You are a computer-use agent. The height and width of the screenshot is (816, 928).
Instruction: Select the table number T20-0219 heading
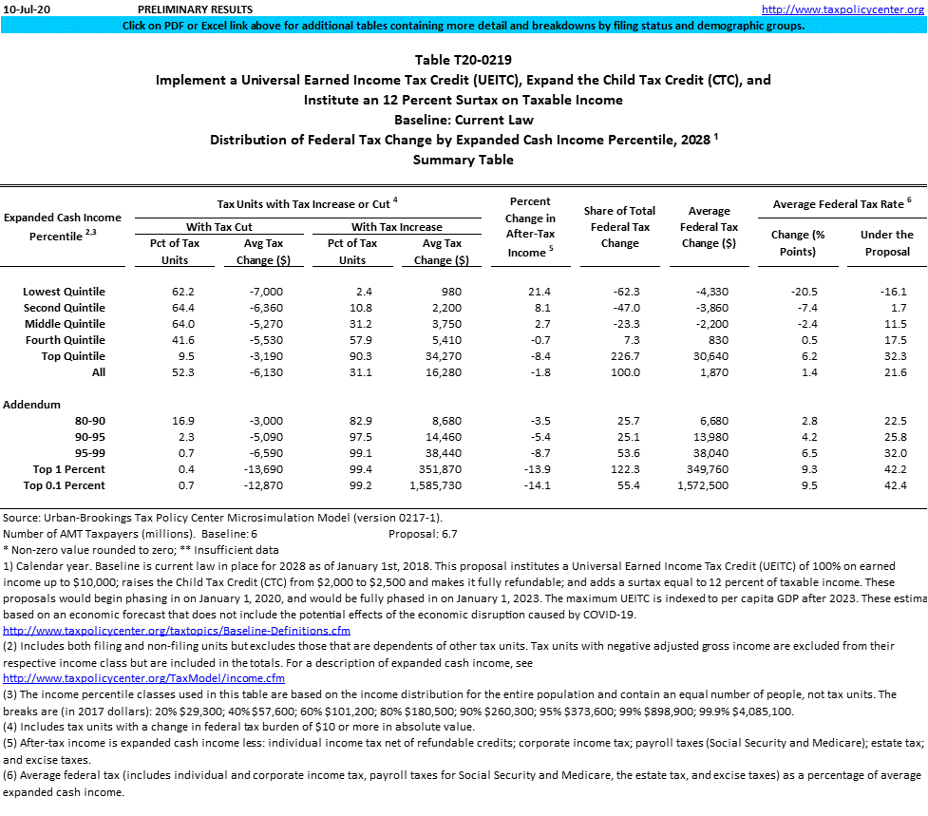pos(464,60)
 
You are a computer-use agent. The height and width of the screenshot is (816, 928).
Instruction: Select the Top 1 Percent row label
pos(69,469)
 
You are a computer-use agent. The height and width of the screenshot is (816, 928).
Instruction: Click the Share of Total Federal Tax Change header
pos(619,227)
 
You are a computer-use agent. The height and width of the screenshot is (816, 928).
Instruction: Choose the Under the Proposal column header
pos(886,242)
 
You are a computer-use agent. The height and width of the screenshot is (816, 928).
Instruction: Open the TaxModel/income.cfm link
pos(144,678)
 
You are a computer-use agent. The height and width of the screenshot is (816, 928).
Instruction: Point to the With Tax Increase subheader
pos(396,227)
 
